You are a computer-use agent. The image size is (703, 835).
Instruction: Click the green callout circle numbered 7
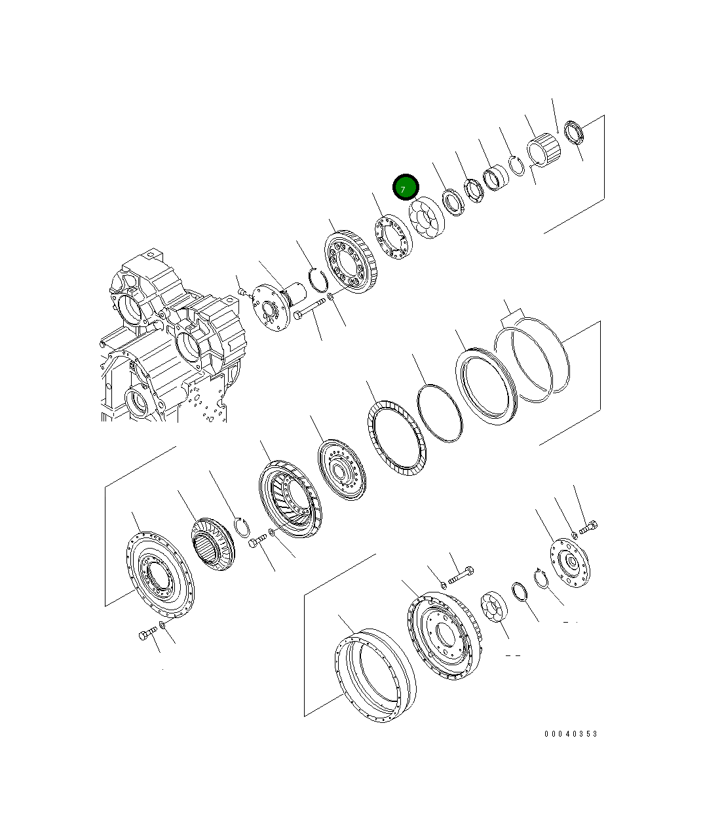[x=405, y=187]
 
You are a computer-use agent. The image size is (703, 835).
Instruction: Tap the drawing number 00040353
[x=570, y=734]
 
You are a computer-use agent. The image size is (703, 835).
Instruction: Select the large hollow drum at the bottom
[x=375, y=676]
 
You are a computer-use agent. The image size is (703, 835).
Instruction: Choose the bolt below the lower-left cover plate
[x=147, y=634]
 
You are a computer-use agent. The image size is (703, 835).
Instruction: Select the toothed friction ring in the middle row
[x=396, y=438]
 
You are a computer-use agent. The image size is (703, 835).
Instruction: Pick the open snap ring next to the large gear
[x=318, y=279]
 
